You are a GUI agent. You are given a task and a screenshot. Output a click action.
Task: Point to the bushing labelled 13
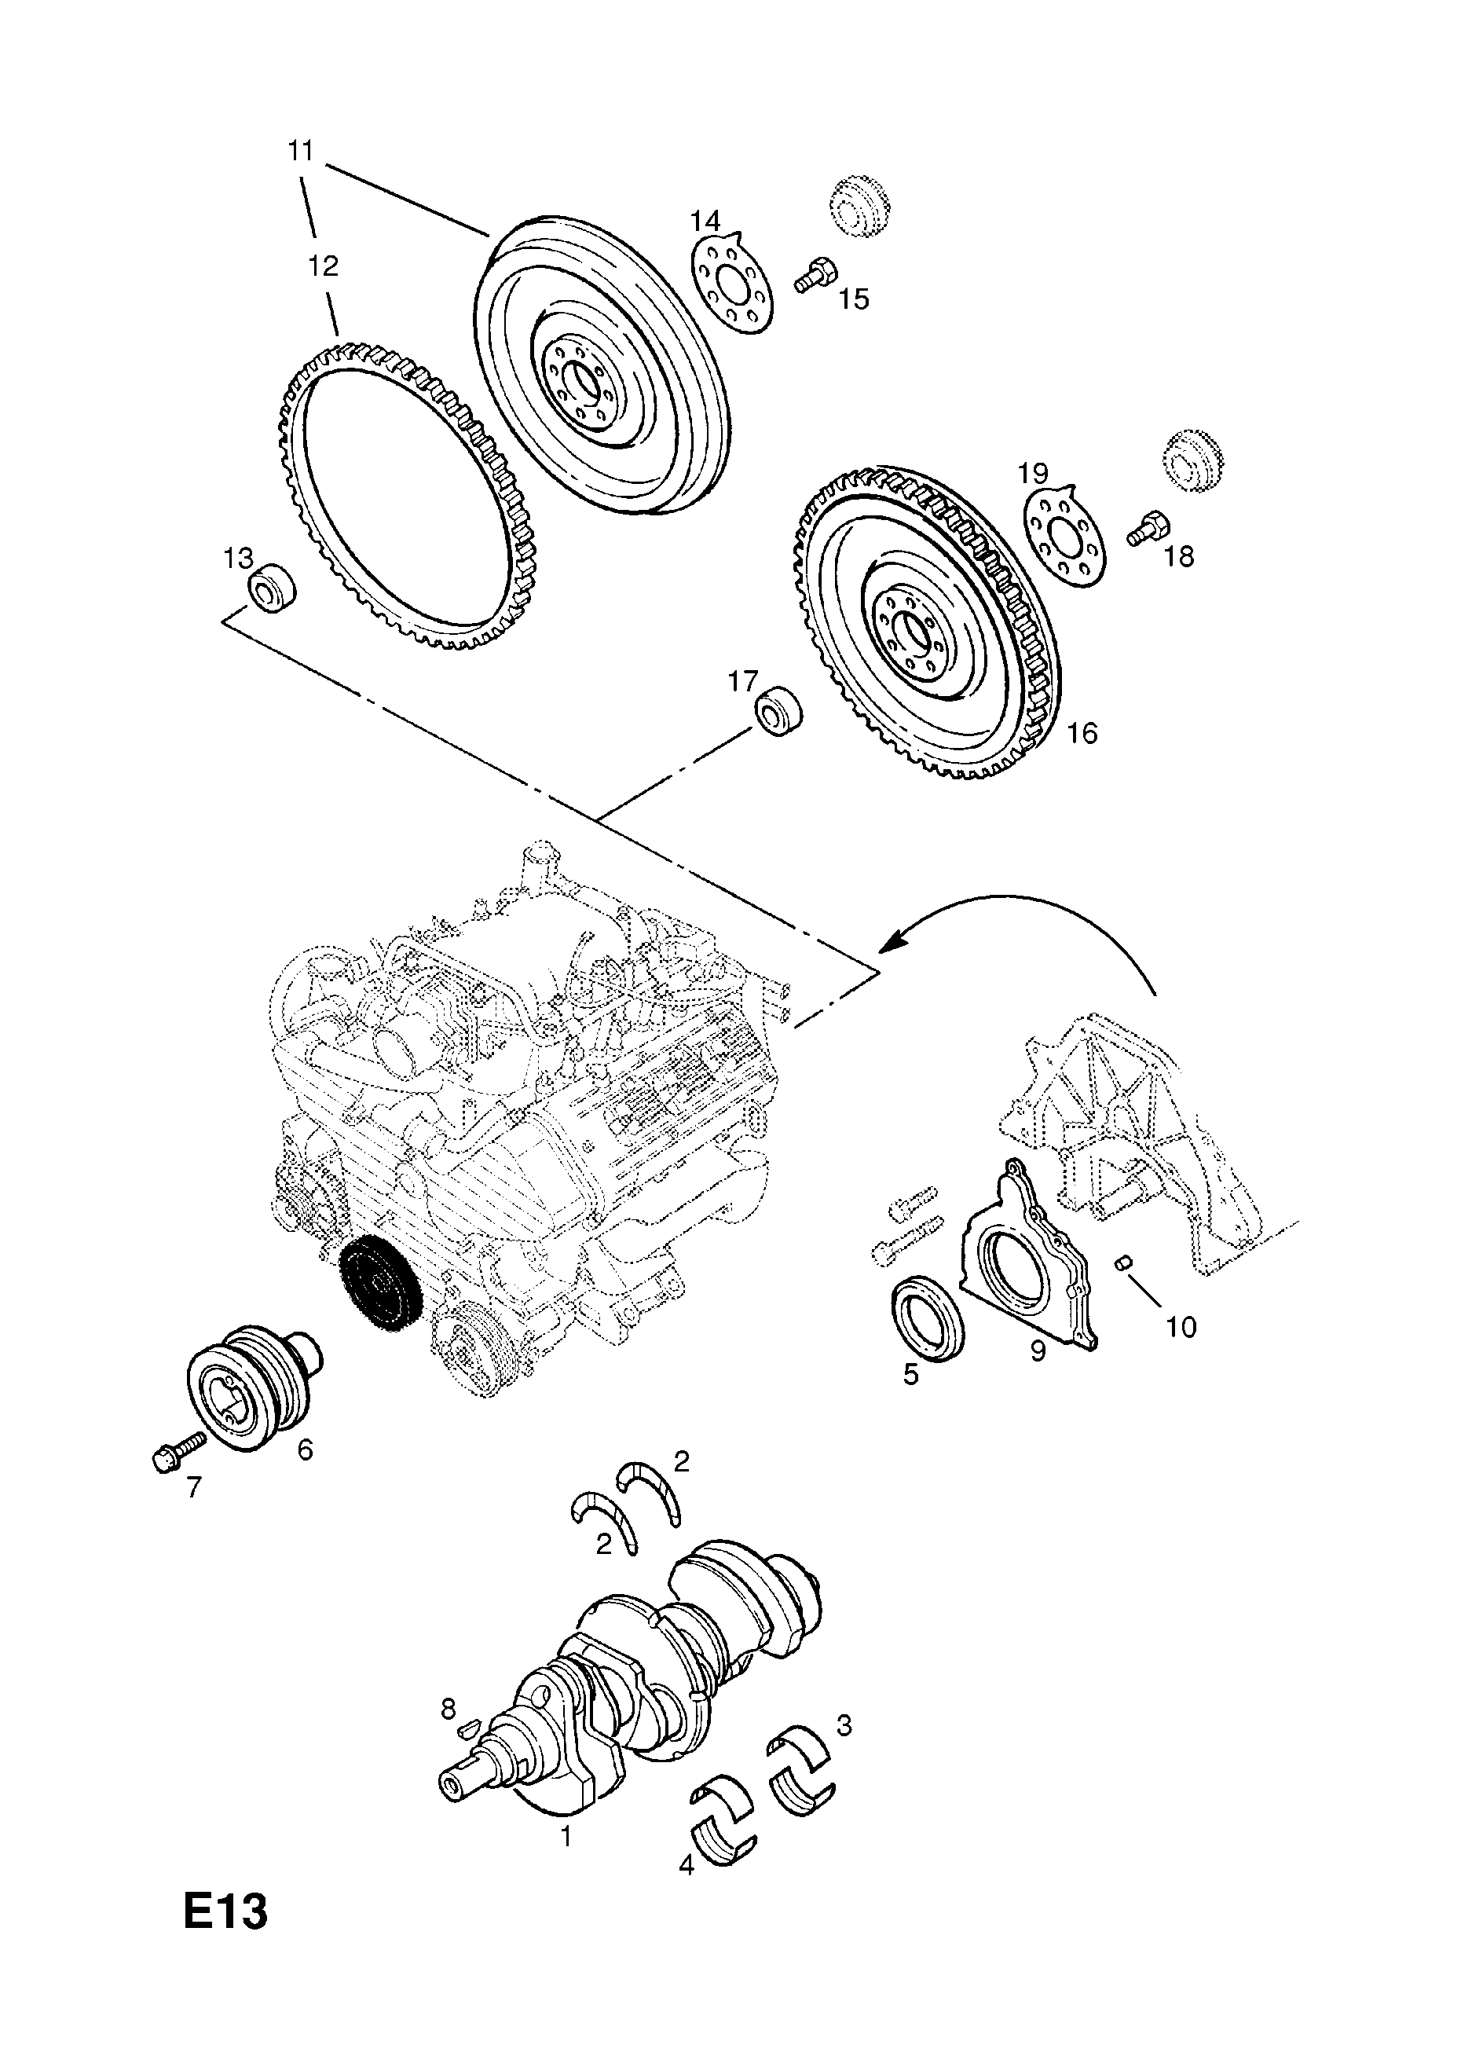(272, 588)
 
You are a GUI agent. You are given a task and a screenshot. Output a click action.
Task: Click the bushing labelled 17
(778, 710)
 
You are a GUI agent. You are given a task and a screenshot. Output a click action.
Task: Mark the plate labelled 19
(1066, 537)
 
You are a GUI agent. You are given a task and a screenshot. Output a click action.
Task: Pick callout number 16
(1083, 733)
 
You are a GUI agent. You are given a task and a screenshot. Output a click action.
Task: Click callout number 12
(323, 266)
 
